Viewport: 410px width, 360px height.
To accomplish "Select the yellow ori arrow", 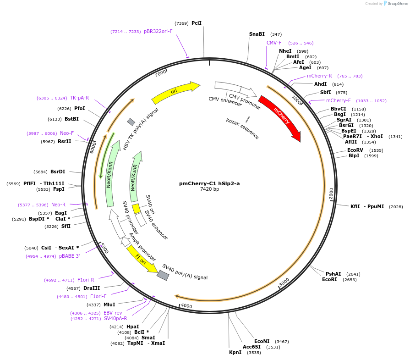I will pos(175,92).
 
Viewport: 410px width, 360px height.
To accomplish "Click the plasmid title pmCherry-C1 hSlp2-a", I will pos(209,183).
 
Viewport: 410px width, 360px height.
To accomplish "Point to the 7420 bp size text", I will pos(209,189).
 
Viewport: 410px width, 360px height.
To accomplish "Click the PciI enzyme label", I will pos(197,23).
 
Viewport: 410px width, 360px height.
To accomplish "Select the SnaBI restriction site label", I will pos(257,34).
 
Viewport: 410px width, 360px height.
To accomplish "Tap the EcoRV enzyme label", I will pos(355,150).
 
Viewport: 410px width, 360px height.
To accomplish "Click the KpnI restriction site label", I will pos(235,353).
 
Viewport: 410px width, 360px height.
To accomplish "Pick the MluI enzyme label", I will pos(109,305).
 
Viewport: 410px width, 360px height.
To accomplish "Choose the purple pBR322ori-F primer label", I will pos(158,31).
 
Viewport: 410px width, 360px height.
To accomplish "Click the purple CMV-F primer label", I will pos(274,43).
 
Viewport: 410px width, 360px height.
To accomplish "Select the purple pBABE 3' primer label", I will pos(69,256).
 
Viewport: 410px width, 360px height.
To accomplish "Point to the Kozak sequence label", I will pos(242,128).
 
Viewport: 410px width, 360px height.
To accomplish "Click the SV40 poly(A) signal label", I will pos(185,272).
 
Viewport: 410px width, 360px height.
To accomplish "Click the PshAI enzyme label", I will pos(333,274).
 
